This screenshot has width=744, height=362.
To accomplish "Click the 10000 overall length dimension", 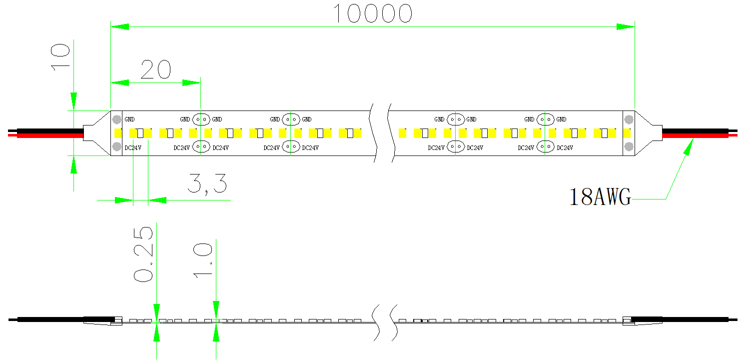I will (x=372, y=14).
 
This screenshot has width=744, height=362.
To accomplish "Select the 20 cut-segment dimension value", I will (x=155, y=70).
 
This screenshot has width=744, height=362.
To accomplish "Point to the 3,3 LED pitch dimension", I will (x=207, y=184).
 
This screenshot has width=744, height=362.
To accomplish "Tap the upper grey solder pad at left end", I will (x=116, y=120).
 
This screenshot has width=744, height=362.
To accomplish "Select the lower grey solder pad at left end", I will (x=116, y=146).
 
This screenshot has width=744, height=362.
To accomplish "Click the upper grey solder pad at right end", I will (x=629, y=120).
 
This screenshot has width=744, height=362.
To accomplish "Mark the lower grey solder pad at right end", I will (x=629, y=146).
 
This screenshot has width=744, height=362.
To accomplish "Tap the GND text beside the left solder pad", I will (x=129, y=119).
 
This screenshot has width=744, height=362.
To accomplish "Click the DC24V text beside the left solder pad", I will (x=132, y=147).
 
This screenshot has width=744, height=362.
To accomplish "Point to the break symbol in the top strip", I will (x=381, y=133).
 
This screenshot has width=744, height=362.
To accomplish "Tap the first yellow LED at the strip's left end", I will (x=118, y=133).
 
